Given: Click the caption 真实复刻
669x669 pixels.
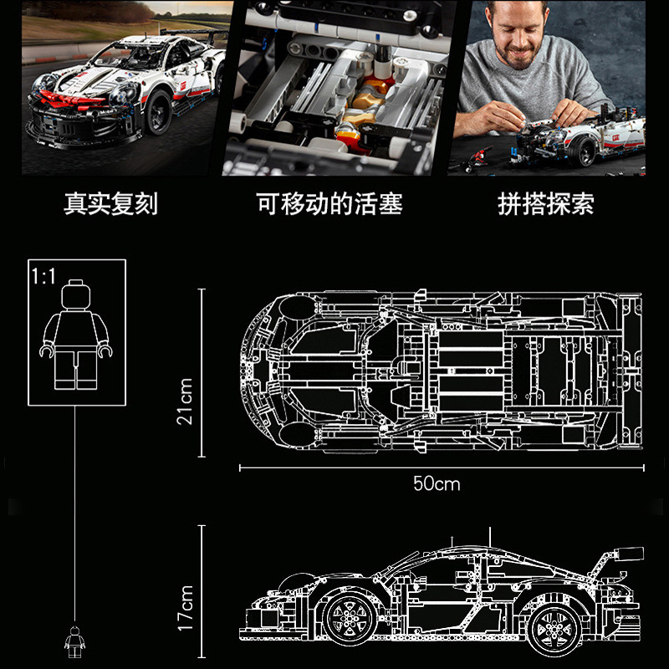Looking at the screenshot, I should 110,205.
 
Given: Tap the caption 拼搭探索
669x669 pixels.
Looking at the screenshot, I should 547,205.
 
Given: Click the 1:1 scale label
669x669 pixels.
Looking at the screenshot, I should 43,277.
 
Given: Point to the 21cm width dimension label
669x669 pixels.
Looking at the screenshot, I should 185,401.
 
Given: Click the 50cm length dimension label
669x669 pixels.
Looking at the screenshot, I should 437,483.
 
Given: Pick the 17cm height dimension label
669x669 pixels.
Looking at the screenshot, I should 185,607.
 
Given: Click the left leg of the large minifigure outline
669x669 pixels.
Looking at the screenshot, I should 65,369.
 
